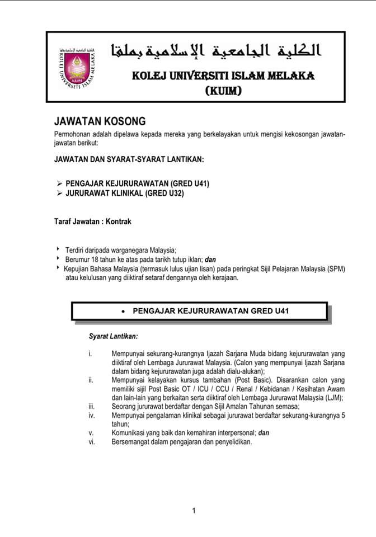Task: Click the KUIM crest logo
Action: click(76, 69)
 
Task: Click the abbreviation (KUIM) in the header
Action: click(224, 90)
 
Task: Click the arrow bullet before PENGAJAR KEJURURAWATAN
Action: click(59, 183)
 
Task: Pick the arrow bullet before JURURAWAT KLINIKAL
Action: click(59, 194)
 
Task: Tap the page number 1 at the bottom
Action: click(194, 510)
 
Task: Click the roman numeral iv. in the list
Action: click(92, 416)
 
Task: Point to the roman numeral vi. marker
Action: click(92, 442)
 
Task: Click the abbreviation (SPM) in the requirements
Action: click(335, 268)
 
